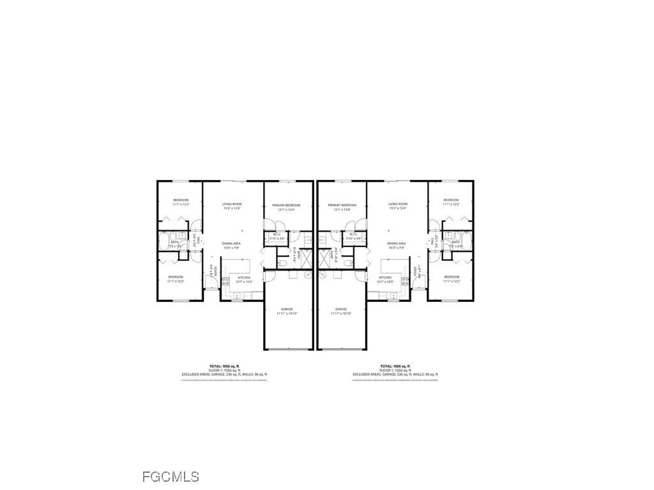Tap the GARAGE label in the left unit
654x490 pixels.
[x=287, y=309]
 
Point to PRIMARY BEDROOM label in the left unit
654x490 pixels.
[x=286, y=205]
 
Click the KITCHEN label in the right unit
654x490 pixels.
[x=384, y=278]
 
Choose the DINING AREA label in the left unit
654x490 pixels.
[x=231, y=244]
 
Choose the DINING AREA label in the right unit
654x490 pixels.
[x=397, y=244]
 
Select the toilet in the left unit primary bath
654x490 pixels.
[x=282, y=263]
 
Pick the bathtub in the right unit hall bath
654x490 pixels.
[x=468, y=242]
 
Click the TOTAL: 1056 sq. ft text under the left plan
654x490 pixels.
[x=224, y=366]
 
